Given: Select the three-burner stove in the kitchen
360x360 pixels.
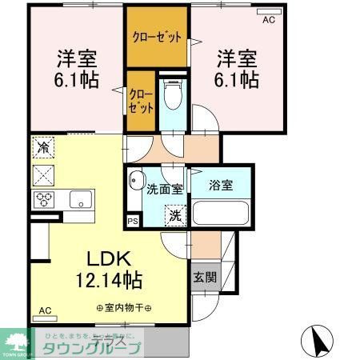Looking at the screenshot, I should coord(44,198).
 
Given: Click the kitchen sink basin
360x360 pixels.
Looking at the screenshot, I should coord(79,198).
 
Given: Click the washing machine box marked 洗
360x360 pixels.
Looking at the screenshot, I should coord(174,214).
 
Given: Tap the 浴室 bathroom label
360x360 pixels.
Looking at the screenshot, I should coord(222,186).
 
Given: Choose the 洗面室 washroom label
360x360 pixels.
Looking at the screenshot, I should coord(165,189).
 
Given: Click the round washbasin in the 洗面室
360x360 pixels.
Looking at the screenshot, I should coord(135,180).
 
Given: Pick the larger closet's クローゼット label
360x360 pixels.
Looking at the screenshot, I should coord(157,38).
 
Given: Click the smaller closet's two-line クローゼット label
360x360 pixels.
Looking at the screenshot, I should coord(141,99).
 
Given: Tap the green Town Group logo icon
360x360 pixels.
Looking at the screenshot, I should coord(16,340).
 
